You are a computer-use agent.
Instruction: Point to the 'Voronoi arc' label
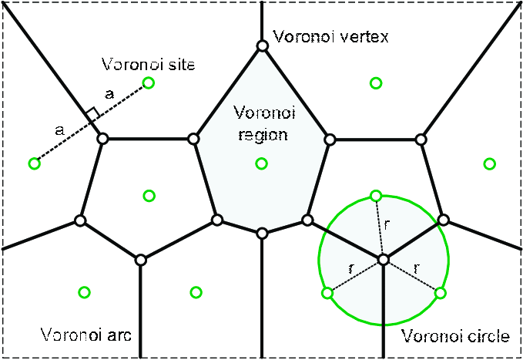[86, 336]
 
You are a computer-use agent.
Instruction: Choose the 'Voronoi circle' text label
[455, 337]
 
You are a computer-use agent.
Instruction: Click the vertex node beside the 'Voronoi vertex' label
[262, 46]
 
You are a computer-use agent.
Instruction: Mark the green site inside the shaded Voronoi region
[261, 163]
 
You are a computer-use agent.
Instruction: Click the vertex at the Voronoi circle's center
[383, 258]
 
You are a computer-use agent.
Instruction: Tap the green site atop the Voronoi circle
[376, 195]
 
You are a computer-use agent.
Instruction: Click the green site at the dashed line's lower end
[34, 163]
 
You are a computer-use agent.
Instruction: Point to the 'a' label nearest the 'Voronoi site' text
[109, 94]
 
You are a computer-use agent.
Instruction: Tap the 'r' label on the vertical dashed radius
[387, 224]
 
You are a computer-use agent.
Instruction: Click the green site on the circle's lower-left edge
[327, 293]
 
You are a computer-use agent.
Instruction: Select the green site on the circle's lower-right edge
[441, 293]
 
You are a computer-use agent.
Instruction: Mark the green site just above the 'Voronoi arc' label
[85, 292]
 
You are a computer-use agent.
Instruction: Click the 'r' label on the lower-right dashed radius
[417, 267]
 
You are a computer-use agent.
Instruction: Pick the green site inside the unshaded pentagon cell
[149, 195]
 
